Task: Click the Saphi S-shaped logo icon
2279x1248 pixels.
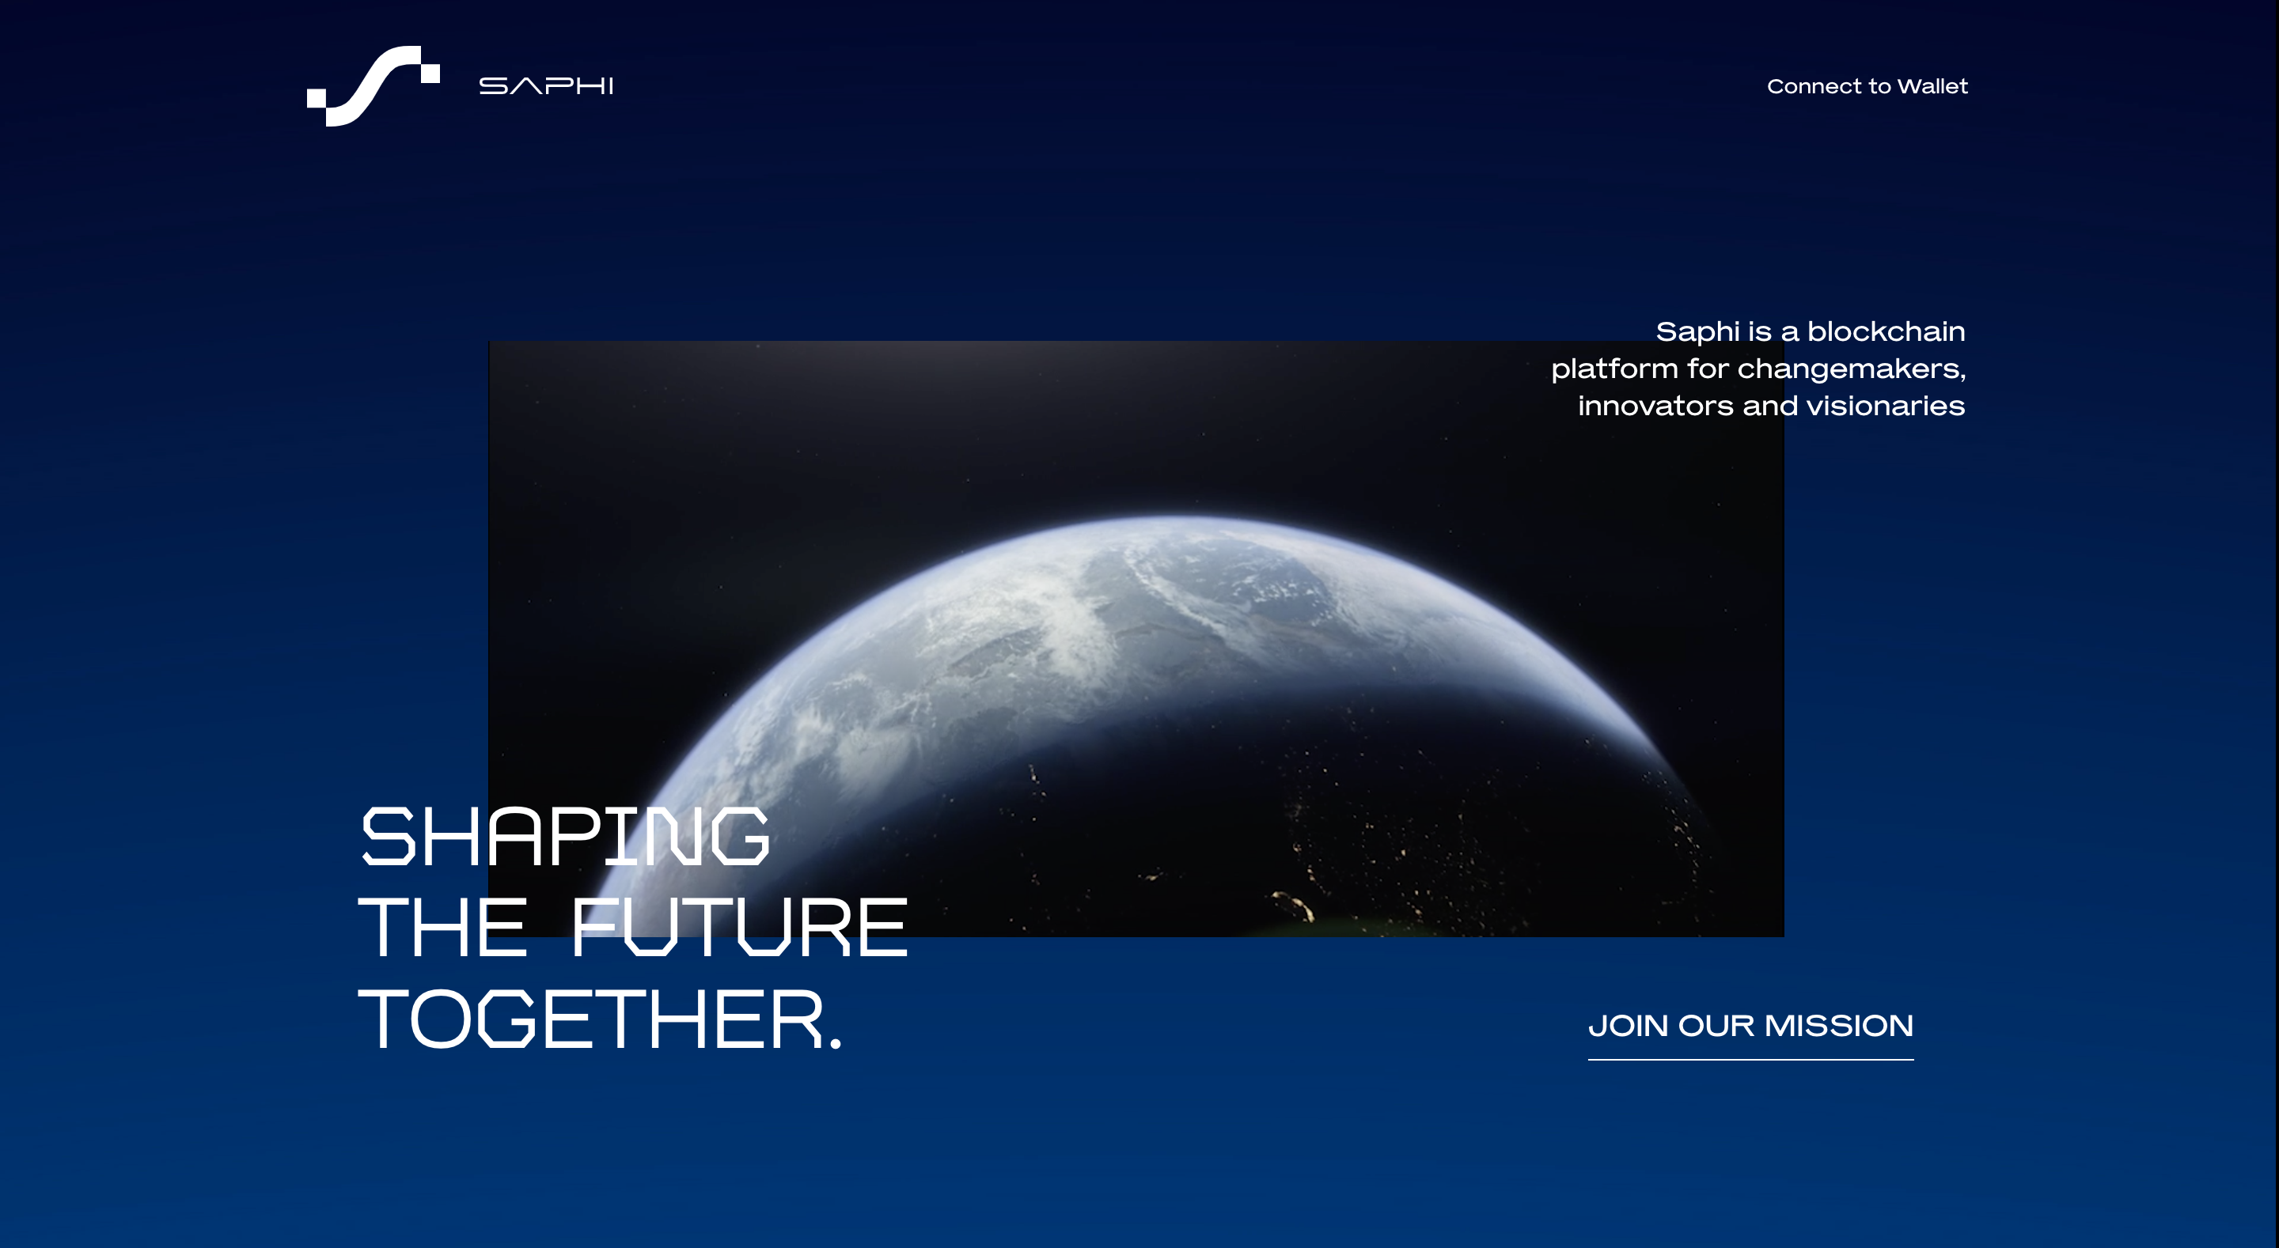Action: pyautogui.click(x=373, y=85)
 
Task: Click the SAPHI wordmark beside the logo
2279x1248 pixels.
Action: pyautogui.click(x=546, y=85)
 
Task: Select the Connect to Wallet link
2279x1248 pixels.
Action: pyautogui.click(x=1867, y=85)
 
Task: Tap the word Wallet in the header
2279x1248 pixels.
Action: pyautogui.click(x=1932, y=85)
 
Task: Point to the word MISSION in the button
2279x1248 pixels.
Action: pyautogui.click(x=1838, y=1026)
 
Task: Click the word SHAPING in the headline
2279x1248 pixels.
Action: pyautogui.click(x=565, y=836)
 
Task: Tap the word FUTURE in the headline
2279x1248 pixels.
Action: pyautogui.click(x=740, y=927)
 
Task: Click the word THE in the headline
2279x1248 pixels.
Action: pyautogui.click(x=442, y=927)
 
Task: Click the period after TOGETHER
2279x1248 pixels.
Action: pyautogui.click(x=835, y=1044)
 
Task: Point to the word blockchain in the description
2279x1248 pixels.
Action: pyautogui.click(x=1887, y=331)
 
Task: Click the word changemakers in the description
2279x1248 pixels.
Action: pyautogui.click(x=1851, y=369)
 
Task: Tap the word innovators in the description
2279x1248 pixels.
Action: pyautogui.click(x=1655, y=406)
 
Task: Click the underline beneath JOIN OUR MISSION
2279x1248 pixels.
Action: pyautogui.click(x=1751, y=1059)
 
